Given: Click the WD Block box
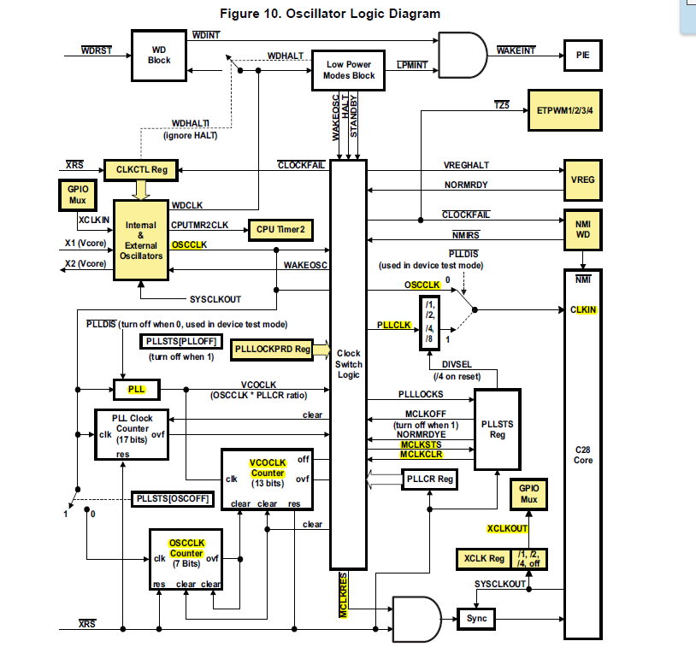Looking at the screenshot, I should (159, 55).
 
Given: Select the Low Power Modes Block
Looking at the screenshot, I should (348, 70).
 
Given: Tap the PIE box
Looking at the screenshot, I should (582, 55).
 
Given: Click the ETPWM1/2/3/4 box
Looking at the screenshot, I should (565, 110).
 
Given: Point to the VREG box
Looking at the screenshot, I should (582, 180).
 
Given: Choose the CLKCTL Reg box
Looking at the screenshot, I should (139, 170).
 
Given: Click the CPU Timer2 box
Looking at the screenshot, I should (280, 229).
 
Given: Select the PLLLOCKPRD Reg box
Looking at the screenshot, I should (272, 349).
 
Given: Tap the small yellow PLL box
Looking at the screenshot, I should (137, 389).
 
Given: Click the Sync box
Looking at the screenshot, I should (475, 617).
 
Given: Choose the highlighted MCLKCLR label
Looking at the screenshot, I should (421, 454).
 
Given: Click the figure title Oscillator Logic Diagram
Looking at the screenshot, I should (329, 13).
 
